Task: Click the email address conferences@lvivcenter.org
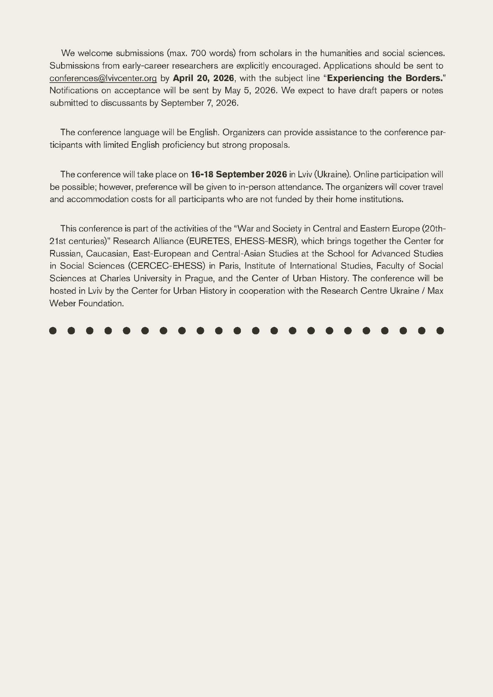click(103, 78)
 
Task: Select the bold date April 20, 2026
click(203, 78)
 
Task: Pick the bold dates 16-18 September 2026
click(239, 174)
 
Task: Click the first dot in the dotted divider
click(53, 330)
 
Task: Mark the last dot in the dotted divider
click(440, 330)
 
